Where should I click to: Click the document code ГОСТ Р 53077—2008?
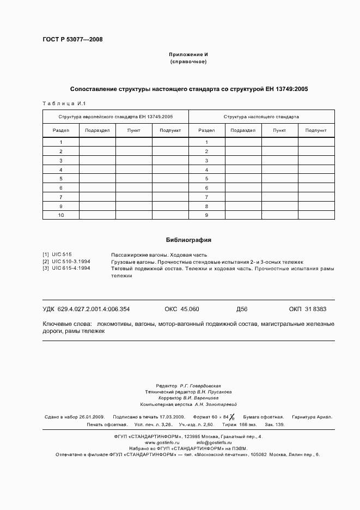click(72, 39)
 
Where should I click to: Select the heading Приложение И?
click(188, 55)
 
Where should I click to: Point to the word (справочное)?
click(188, 62)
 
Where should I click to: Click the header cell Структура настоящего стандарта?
click(261, 117)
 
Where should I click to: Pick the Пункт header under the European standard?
click(133, 130)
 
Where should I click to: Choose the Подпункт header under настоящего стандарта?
click(316, 130)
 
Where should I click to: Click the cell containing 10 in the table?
click(61, 215)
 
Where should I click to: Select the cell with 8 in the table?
click(206, 207)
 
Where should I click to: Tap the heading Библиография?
click(188, 240)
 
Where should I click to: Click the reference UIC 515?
click(62, 254)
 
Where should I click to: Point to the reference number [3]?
click(46, 269)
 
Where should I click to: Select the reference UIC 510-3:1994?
click(71, 262)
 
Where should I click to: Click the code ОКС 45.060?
click(181, 309)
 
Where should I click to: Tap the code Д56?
click(242, 309)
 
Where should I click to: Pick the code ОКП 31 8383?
click(307, 309)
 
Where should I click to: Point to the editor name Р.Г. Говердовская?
click(200, 385)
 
